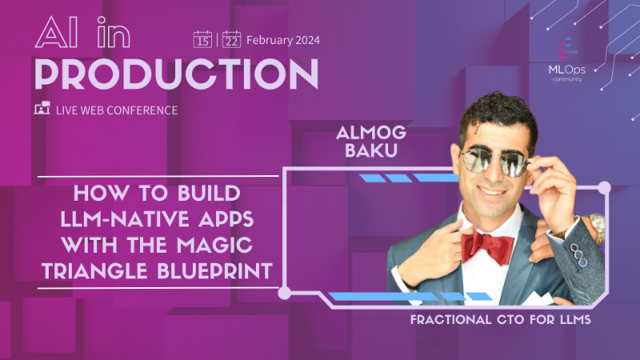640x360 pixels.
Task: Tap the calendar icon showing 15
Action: click(202, 38)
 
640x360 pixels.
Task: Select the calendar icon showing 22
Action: click(231, 38)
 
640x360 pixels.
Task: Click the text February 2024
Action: click(281, 38)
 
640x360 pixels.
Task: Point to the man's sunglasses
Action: click(495, 163)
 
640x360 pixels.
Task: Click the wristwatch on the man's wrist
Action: click(595, 226)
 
